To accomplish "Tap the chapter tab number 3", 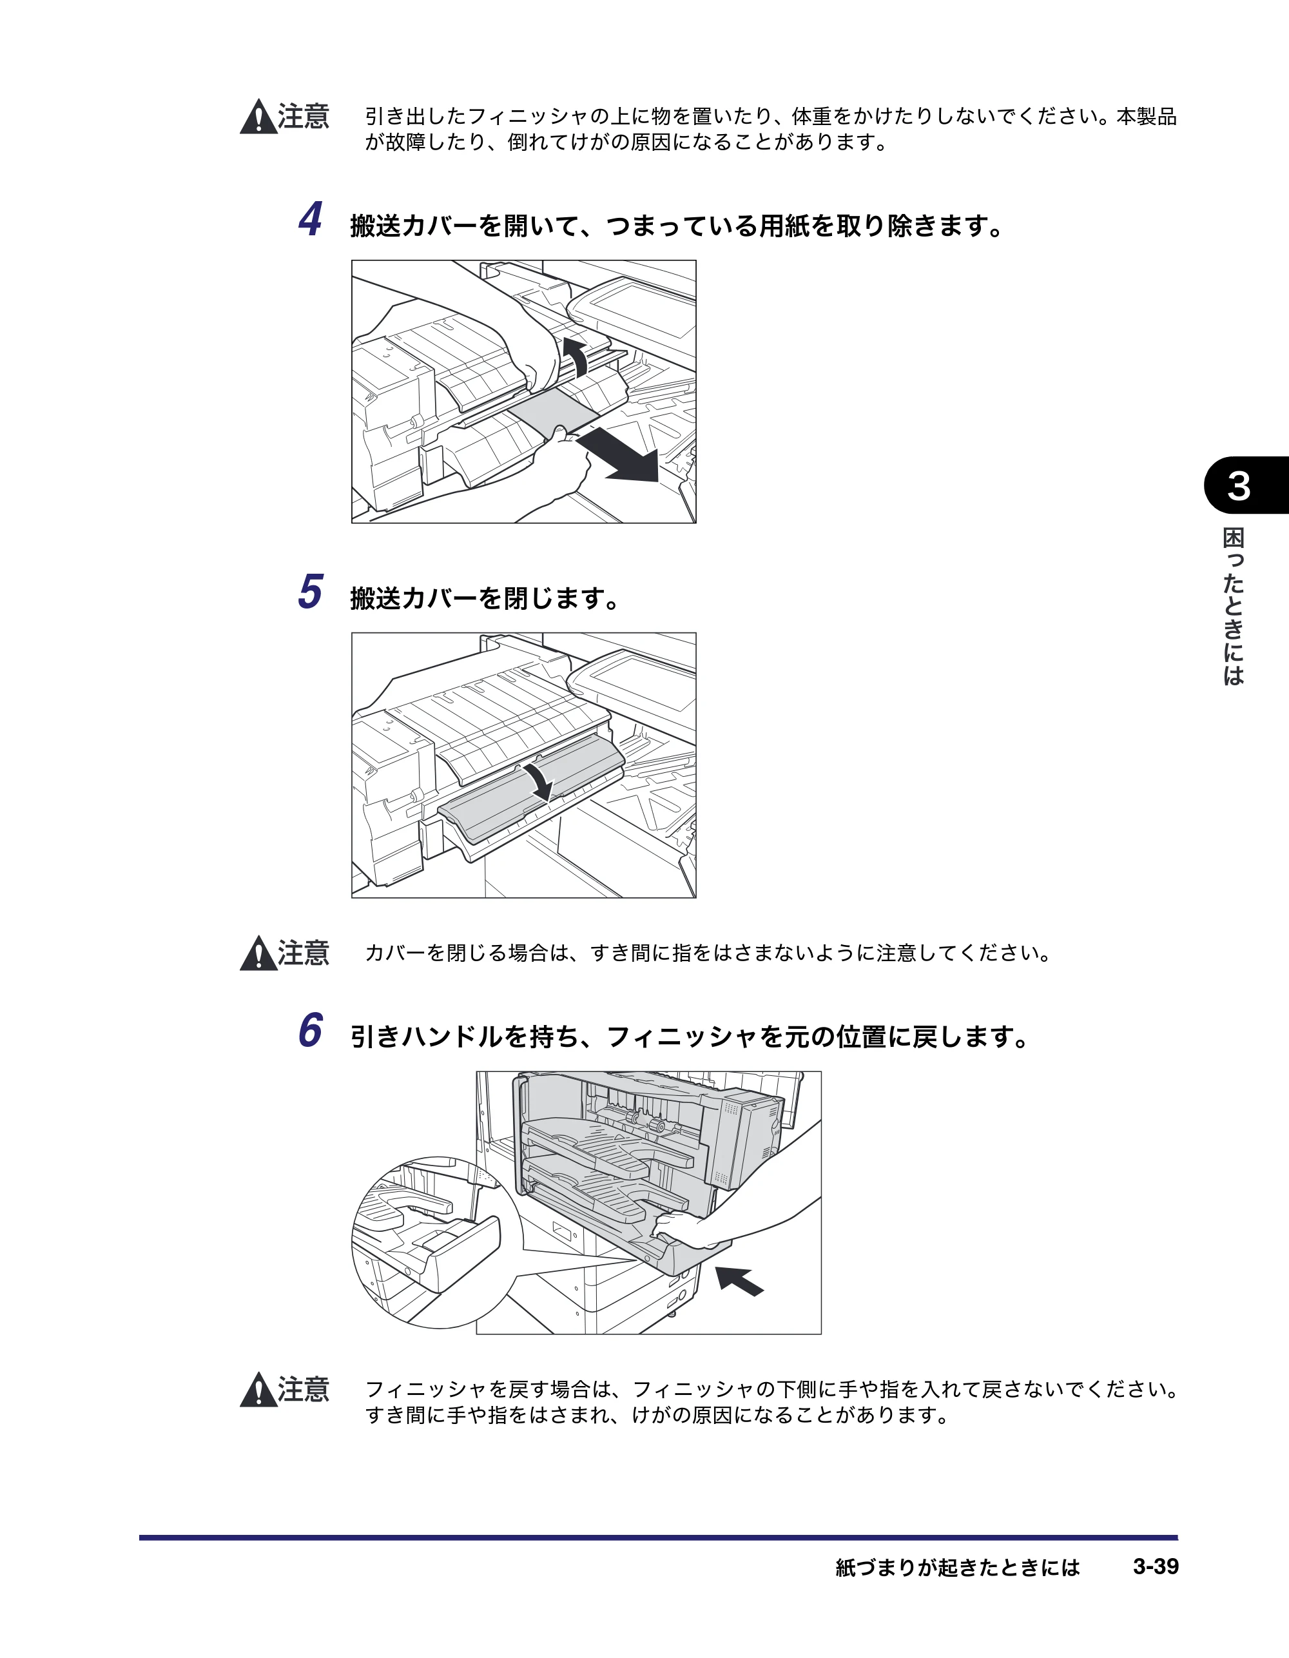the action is click(1239, 486).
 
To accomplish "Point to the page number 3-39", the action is click(1156, 1566).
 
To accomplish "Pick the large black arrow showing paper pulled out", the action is click(619, 454).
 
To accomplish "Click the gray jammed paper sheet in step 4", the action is click(552, 414).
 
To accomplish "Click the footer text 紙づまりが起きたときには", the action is click(957, 1567).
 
